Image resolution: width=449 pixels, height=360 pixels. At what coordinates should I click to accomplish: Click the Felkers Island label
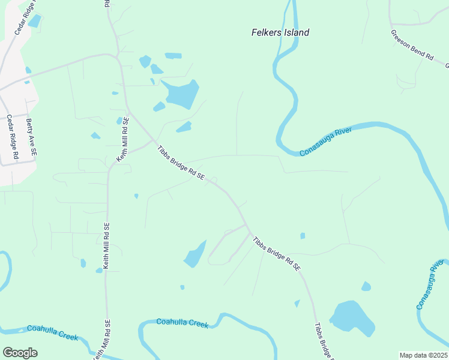click(x=280, y=32)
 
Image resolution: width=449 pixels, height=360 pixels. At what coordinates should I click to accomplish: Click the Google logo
click(x=20, y=353)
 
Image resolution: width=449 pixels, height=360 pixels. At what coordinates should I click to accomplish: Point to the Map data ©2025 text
click(x=423, y=355)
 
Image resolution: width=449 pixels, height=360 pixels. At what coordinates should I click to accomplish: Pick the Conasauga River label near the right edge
click(x=430, y=285)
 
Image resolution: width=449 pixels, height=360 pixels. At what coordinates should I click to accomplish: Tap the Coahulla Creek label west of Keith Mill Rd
click(x=52, y=333)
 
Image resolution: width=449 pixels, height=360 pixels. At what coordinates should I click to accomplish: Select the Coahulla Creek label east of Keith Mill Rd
click(x=182, y=323)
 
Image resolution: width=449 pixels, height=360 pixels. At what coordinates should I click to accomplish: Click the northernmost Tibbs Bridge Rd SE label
click(x=181, y=163)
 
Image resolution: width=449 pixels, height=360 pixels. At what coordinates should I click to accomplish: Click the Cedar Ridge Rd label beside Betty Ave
click(x=12, y=137)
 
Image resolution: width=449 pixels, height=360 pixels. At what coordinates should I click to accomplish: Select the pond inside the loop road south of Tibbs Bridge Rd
click(x=195, y=254)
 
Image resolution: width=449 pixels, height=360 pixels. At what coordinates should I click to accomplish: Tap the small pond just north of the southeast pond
click(x=366, y=287)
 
